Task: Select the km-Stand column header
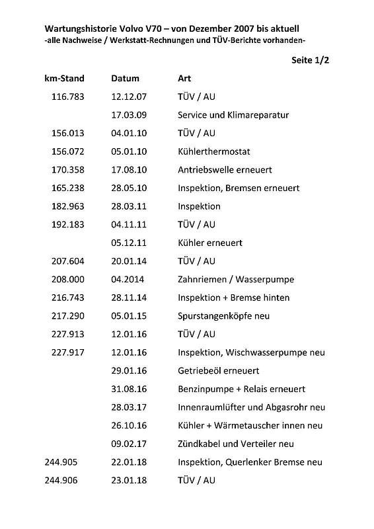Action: pos(64,78)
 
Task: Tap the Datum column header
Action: pos(126,78)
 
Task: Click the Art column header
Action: pos(185,78)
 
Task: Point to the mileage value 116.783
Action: pos(68,97)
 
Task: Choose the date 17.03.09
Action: pos(129,115)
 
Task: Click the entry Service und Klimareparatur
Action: pos(233,115)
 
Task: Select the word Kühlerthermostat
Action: pos(214,151)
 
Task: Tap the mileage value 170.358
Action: pos(68,170)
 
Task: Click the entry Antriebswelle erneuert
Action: pos(225,170)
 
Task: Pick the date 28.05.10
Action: pos(129,188)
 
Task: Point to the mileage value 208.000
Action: pos(68,279)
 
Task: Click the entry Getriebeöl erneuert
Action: pos(218,371)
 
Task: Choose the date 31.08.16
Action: pos(129,389)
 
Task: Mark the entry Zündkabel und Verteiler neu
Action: pos(236,444)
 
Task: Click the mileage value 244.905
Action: pos(61,462)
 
